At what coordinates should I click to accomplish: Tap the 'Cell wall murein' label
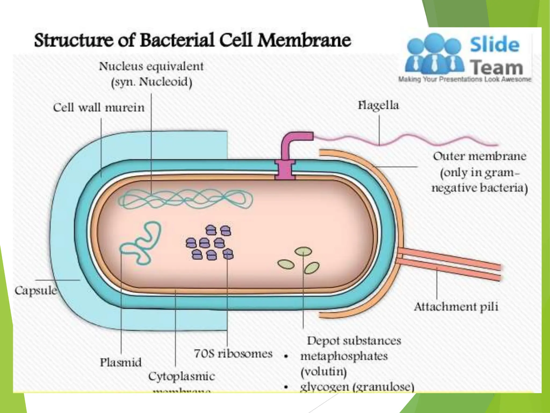pos(99,108)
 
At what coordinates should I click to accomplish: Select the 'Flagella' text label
pos(378,105)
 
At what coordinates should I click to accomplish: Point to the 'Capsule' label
pos(35,290)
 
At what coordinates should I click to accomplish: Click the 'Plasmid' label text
pos(121,362)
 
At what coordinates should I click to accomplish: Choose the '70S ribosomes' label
pos(233,353)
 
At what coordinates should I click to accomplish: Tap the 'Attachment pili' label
pos(456,307)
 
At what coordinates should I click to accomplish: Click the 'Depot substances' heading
pos(354,341)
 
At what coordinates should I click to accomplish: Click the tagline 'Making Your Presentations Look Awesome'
pos(465,79)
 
